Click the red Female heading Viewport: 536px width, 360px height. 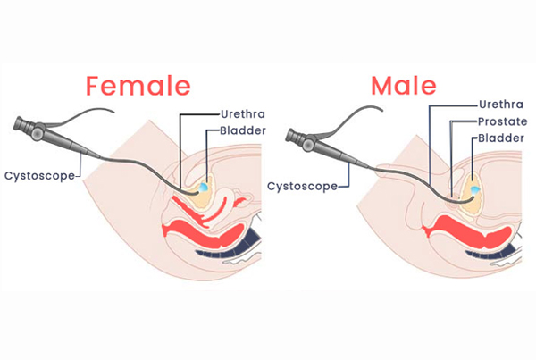[138, 86]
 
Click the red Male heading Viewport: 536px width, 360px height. [404, 86]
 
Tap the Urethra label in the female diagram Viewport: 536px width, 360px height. [243, 113]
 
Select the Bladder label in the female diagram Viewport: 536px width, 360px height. [243, 130]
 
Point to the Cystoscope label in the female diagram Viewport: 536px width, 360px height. [39, 176]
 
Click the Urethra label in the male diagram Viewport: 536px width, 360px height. [501, 105]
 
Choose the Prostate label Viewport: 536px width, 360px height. [502, 121]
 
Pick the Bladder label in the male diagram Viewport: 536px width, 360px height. [501, 138]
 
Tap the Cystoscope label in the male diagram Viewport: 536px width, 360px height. [302, 187]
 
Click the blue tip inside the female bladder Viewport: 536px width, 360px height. [204, 187]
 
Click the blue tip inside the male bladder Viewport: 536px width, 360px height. [475, 190]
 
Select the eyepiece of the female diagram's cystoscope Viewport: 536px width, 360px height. [19, 123]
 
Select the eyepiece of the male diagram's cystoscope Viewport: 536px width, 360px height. [291, 135]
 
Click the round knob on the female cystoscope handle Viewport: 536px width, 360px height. [37, 131]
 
